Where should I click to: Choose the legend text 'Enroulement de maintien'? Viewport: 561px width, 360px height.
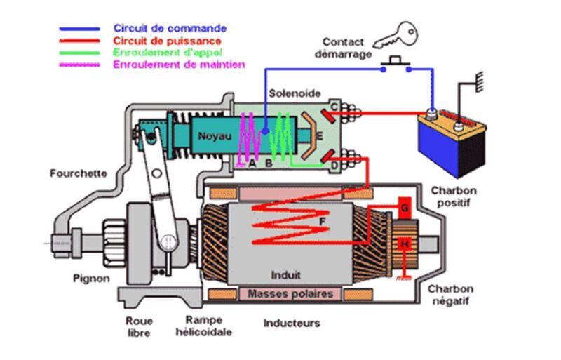(179, 65)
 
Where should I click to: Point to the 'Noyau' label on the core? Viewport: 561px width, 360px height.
(212, 136)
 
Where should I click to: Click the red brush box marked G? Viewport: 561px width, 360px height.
(404, 208)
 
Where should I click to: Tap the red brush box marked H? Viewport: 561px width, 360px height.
(404, 244)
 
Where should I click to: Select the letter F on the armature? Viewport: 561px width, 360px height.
(322, 220)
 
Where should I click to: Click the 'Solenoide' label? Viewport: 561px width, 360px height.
(294, 93)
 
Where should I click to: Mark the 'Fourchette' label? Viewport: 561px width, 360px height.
(78, 172)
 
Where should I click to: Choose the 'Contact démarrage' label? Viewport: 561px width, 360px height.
(343, 47)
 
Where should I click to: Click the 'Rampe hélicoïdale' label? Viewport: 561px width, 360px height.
(204, 325)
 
